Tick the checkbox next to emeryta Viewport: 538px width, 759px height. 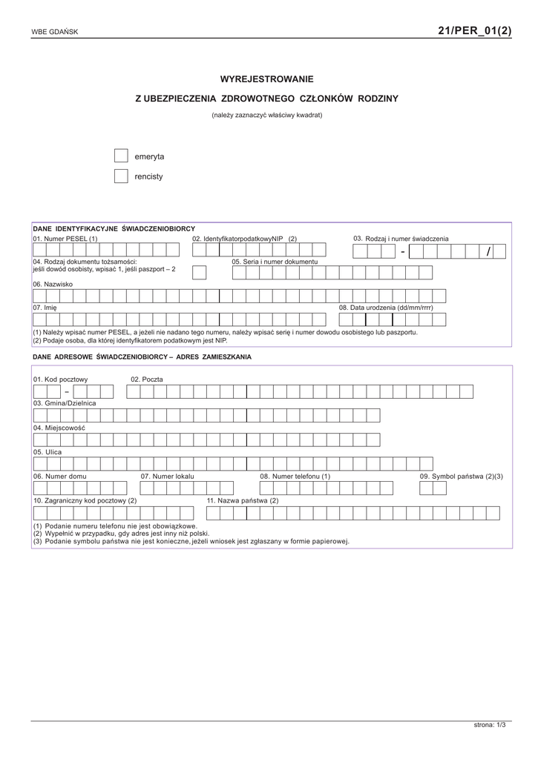121,156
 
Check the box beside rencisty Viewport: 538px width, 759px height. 121,176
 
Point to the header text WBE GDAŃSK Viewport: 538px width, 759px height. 54,33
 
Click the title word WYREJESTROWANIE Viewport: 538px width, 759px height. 267,79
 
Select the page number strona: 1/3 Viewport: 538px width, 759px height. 489,724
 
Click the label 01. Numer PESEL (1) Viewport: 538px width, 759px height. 65,239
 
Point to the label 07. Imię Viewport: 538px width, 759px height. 45,307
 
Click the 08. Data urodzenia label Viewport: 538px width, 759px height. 386,307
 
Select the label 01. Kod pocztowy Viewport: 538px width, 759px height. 60,379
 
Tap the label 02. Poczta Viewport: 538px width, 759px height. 147,379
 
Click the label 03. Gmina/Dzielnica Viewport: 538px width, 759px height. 65,403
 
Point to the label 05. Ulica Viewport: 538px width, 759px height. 47,451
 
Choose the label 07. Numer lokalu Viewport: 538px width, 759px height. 167,476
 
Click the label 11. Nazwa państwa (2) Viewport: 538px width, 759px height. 243,500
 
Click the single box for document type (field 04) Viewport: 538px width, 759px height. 200,272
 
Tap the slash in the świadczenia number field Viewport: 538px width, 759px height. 488,252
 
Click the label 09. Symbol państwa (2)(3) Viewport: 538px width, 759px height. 461,476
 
